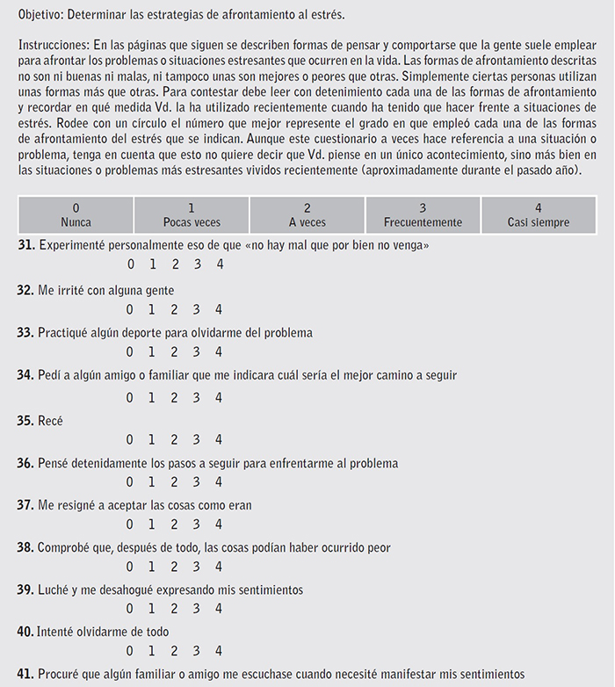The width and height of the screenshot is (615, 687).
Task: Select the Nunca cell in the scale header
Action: click(x=76, y=215)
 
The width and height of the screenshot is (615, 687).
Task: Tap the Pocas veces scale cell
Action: click(x=192, y=215)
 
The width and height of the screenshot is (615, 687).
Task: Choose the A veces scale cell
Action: click(x=307, y=215)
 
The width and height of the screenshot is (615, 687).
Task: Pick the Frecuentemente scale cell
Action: click(x=423, y=215)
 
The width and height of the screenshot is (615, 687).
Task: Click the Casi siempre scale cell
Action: click(x=538, y=215)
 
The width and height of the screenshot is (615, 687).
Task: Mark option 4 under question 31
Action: click(x=219, y=264)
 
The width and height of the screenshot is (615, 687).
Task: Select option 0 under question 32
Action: click(x=129, y=308)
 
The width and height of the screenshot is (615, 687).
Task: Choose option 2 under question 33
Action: click(x=174, y=351)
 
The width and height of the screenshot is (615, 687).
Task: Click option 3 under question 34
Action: click(x=197, y=397)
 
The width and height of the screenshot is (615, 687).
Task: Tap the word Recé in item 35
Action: click(x=50, y=421)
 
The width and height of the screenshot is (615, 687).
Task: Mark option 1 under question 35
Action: click(x=151, y=439)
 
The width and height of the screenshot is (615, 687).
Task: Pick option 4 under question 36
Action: click(x=219, y=481)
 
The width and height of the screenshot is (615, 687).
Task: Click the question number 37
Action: click(x=25, y=505)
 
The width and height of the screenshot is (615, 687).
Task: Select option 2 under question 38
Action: click(x=174, y=566)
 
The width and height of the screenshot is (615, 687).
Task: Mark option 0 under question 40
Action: click(x=129, y=651)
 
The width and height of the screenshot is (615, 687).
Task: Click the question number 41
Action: click(x=25, y=674)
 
